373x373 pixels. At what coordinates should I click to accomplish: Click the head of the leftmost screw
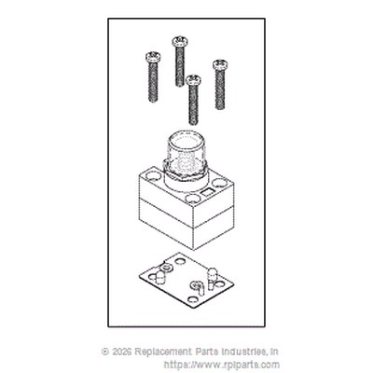click(153, 57)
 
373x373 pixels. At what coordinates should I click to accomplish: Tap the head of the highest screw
click(180, 41)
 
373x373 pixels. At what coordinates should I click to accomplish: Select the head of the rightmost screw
click(220, 64)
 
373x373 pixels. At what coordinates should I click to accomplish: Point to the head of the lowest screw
click(193, 80)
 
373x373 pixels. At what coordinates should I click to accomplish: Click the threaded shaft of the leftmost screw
click(153, 81)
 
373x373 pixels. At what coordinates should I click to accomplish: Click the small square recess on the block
click(207, 193)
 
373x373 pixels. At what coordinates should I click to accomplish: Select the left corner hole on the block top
click(152, 175)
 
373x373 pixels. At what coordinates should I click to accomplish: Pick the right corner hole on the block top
click(220, 184)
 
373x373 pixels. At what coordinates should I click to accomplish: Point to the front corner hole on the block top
click(193, 199)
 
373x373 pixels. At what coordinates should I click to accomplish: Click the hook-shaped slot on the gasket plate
click(198, 287)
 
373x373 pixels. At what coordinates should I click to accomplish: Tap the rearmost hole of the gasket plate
click(180, 261)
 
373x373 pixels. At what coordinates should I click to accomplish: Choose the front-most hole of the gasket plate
click(193, 300)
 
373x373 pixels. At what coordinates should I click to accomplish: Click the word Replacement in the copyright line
click(164, 352)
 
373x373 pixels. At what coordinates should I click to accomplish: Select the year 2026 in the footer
click(122, 352)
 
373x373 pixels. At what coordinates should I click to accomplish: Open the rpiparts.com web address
click(222, 365)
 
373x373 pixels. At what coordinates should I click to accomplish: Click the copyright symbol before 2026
click(105, 352)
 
